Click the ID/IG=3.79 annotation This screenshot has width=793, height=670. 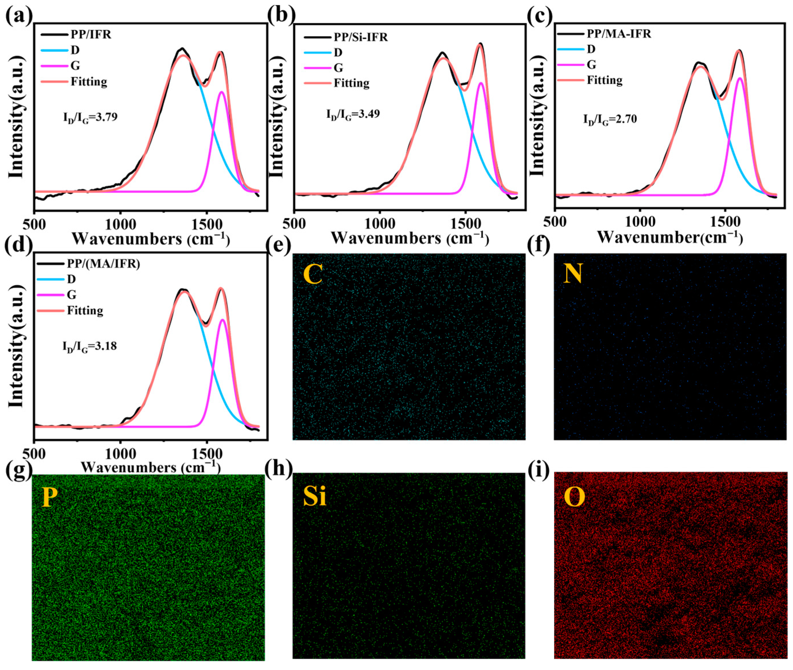click(90, 117)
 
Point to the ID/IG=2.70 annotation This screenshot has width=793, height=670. click(610, 120)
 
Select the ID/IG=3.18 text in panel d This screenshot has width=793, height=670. click(90, 347)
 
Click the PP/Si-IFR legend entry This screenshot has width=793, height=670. click(361, 37)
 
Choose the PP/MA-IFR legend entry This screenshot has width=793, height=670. click(619, 34)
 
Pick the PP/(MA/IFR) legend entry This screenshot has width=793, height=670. click(103, 263)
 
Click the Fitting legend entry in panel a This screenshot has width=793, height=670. click(89, 82)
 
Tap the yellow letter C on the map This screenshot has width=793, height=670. click(313, 275)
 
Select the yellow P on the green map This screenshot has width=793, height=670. click(48, 497)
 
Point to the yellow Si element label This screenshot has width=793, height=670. click(315, 497)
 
